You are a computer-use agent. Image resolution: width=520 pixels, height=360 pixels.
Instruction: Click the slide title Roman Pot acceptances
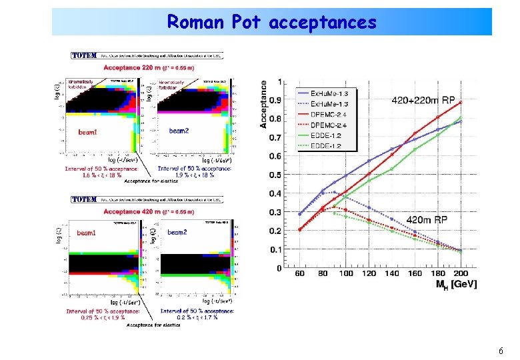(271, 22)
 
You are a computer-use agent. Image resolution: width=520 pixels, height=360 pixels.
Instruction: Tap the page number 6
(501, 351)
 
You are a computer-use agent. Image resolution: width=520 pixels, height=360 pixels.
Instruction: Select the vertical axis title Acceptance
(264, 104)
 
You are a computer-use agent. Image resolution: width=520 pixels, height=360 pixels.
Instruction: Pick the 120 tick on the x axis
(369, 273)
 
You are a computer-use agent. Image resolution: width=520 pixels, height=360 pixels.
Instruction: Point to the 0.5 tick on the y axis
(275, 175)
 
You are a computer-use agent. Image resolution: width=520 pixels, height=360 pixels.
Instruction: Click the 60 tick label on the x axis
(299, 273)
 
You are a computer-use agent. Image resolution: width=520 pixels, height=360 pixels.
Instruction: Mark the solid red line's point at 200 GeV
(459, 102)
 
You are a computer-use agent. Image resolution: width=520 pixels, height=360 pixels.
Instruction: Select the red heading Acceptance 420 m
(149, 212)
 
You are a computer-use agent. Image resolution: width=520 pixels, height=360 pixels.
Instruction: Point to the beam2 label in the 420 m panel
(177, 232)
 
